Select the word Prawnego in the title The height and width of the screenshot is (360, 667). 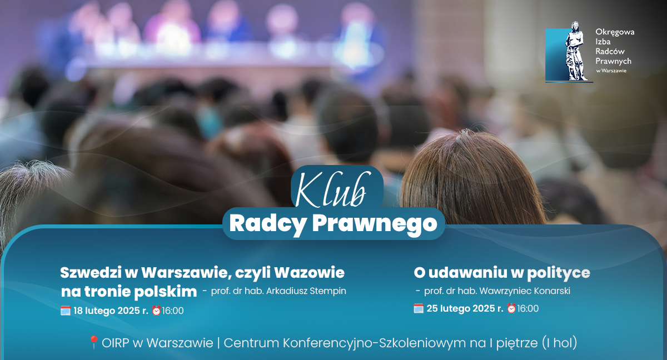(375, 224)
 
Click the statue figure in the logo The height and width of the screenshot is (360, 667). (576, 51)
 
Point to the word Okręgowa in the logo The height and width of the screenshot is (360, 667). (615, 32)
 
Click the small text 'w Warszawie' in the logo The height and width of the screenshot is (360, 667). (611, 71)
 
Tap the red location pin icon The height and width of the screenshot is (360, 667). (93, 343)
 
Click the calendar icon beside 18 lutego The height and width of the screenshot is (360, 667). (66, 311)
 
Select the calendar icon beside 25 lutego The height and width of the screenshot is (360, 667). (419, 308)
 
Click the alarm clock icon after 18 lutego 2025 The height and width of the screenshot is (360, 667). (156, 311)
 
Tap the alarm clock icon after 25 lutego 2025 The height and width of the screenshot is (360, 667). (511, 308)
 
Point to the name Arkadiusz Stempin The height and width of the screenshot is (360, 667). (306, 291)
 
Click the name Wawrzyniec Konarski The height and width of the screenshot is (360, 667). (525, 291)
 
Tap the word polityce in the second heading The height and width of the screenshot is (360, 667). (559, 273)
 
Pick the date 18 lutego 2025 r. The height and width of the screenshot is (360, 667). (111, 311)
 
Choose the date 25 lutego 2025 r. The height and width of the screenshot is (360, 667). (465, 308)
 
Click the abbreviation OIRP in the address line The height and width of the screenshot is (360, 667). (116, 343)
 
